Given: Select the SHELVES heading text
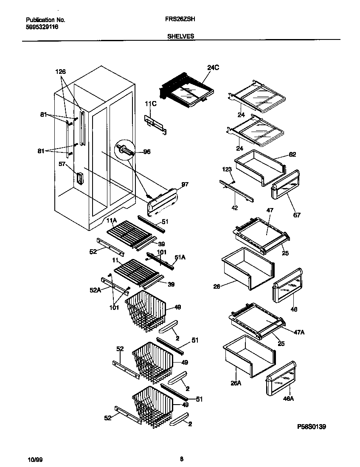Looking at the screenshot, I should (181, 37).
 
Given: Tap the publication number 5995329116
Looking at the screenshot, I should (42, 27).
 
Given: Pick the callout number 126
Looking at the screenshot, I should (61, 72).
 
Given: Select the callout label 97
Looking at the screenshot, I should (185, 184).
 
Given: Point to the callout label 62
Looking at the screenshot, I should (292, 155).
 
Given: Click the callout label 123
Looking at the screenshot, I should (228, 169).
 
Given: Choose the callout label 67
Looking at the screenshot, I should (297, 215).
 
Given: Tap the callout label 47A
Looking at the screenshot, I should (299, 332).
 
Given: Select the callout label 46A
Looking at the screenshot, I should (289, 398).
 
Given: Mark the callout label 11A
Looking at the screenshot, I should (111, 220).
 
